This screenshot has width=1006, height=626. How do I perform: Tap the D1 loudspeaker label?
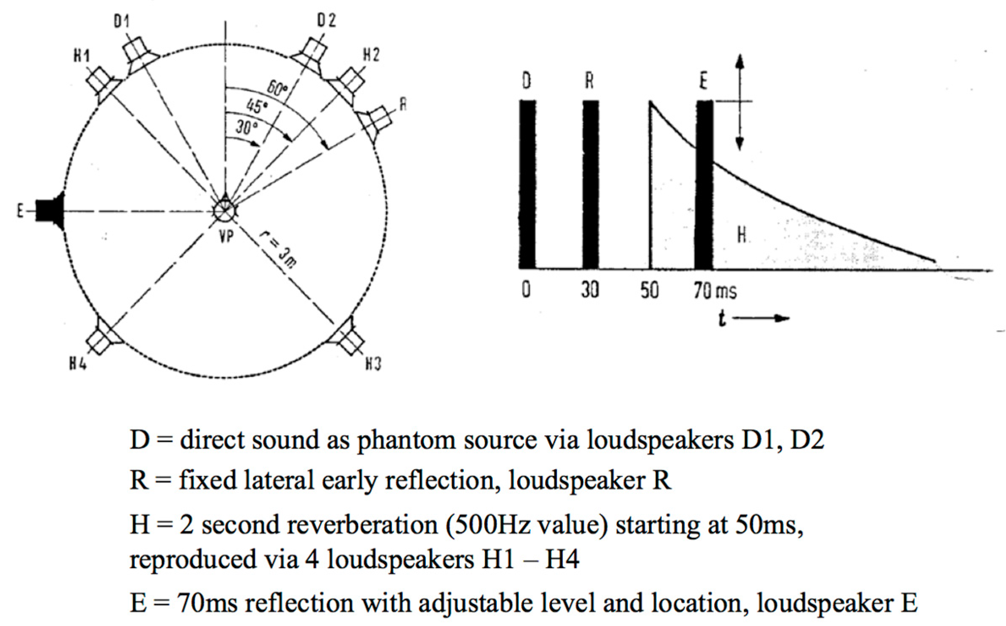[121, 21]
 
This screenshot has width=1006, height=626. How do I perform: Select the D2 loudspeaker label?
[326, 20]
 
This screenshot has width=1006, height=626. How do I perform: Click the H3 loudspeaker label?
[373, 363]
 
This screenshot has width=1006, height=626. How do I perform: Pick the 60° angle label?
[277, 89]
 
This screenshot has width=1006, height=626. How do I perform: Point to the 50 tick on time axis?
[650, 290]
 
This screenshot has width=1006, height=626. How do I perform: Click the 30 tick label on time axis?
[590, 290]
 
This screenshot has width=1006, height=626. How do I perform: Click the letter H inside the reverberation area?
[742, 234]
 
